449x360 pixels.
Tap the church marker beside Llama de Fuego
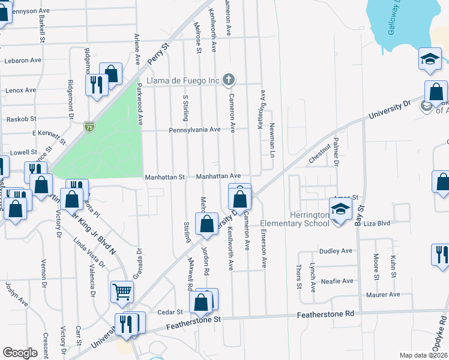pyautogui.click(x=228, y=79)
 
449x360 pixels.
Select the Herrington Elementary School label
pyautogui.click(x=295, y=219)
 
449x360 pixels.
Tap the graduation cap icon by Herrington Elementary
pyautogui.click(x=340, y=210)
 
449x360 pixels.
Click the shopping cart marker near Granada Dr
pyautogui.click(x=122, y=292)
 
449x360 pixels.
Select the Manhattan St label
pyautogui.click(x=164, y=178)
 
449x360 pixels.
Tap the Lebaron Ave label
pyautogui.click(x=22, y=61)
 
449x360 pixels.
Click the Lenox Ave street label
pyautogui.click(x=20, y=91)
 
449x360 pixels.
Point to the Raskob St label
pyautogui.click(x=21, y=119)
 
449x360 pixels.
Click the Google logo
pyautogui.click(x=20, y=353)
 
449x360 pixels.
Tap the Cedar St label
pyautogui.click(x=170, y=312)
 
